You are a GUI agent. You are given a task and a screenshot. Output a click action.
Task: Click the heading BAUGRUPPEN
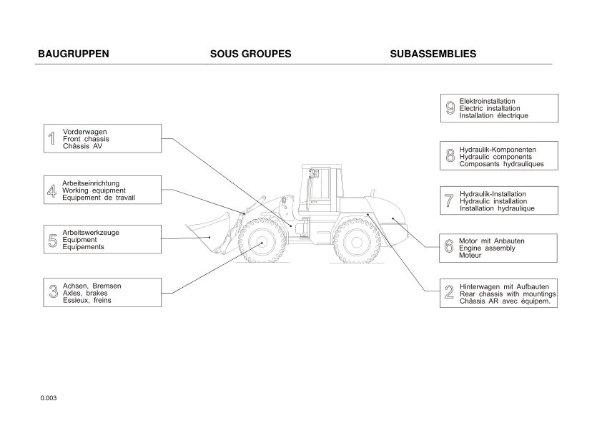coord(73,54)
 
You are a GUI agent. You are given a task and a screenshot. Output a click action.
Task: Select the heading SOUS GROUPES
coord(250,54)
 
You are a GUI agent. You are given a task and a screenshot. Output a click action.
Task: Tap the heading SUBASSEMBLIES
coord(433,54)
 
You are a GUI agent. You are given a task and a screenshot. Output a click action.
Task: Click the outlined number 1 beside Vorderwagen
coord(51,139)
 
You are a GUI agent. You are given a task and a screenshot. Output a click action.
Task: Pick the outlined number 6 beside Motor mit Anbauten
coord(449,248)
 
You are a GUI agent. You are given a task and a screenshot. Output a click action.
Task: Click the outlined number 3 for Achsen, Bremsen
coord(53,292)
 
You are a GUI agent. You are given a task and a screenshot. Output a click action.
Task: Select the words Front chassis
coord(86,139)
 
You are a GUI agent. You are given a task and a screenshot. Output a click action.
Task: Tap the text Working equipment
coord(94,190)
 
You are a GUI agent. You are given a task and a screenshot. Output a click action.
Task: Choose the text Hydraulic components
coord(495,157)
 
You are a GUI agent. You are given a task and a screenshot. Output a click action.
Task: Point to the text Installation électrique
coord(493,115)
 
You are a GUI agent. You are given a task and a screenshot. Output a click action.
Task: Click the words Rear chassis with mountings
coord(508,294)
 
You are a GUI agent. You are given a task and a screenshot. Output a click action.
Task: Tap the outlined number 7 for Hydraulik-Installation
coord(449,201)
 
